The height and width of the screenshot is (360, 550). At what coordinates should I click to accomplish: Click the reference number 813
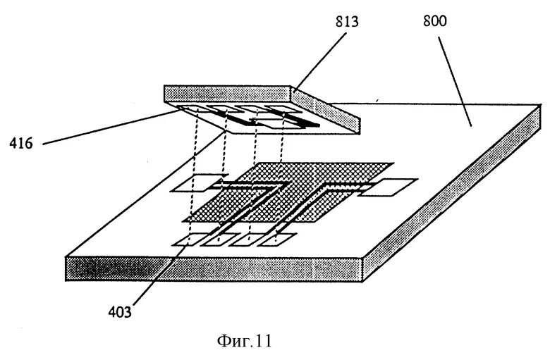(346, 21)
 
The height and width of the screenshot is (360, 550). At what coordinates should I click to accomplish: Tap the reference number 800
(434, 21)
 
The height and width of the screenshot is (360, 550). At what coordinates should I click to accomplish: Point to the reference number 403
(119, 311)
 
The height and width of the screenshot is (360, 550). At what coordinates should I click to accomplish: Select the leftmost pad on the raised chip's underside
(189, 110)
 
